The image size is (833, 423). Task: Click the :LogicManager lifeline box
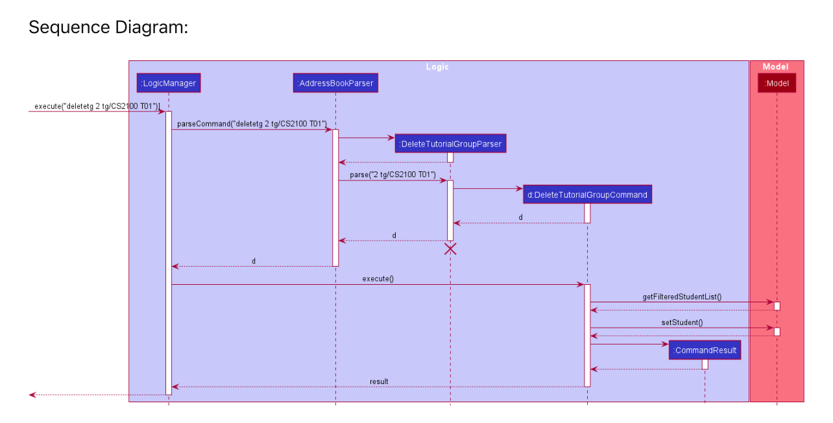tap(168, 83)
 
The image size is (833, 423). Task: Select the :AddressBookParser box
tap(335, 83)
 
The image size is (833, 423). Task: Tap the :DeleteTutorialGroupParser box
tap(450, 143)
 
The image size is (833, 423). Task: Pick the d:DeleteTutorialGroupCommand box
tap(587, 194)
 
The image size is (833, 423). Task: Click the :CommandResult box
tap(705, 350)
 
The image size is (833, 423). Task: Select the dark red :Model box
tap(777, 83)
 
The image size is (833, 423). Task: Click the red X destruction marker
tap(450, 248)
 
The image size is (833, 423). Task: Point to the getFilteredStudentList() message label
tap(682, 297)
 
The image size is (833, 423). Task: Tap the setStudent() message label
tap(682, 322)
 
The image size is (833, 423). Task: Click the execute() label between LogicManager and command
tap(378, 278)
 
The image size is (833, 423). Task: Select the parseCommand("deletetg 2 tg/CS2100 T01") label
tap(252, 123)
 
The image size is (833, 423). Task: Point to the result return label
tap(379, 381)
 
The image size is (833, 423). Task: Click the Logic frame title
tap(437, 67)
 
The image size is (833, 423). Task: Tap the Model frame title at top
tap(775, 67)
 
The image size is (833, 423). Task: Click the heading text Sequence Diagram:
tap(108, 28)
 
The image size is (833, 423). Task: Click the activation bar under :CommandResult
tap(705, 364)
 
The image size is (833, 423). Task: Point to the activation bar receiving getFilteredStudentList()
tap(777, 306)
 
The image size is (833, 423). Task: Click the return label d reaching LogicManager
tap(254, 261)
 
